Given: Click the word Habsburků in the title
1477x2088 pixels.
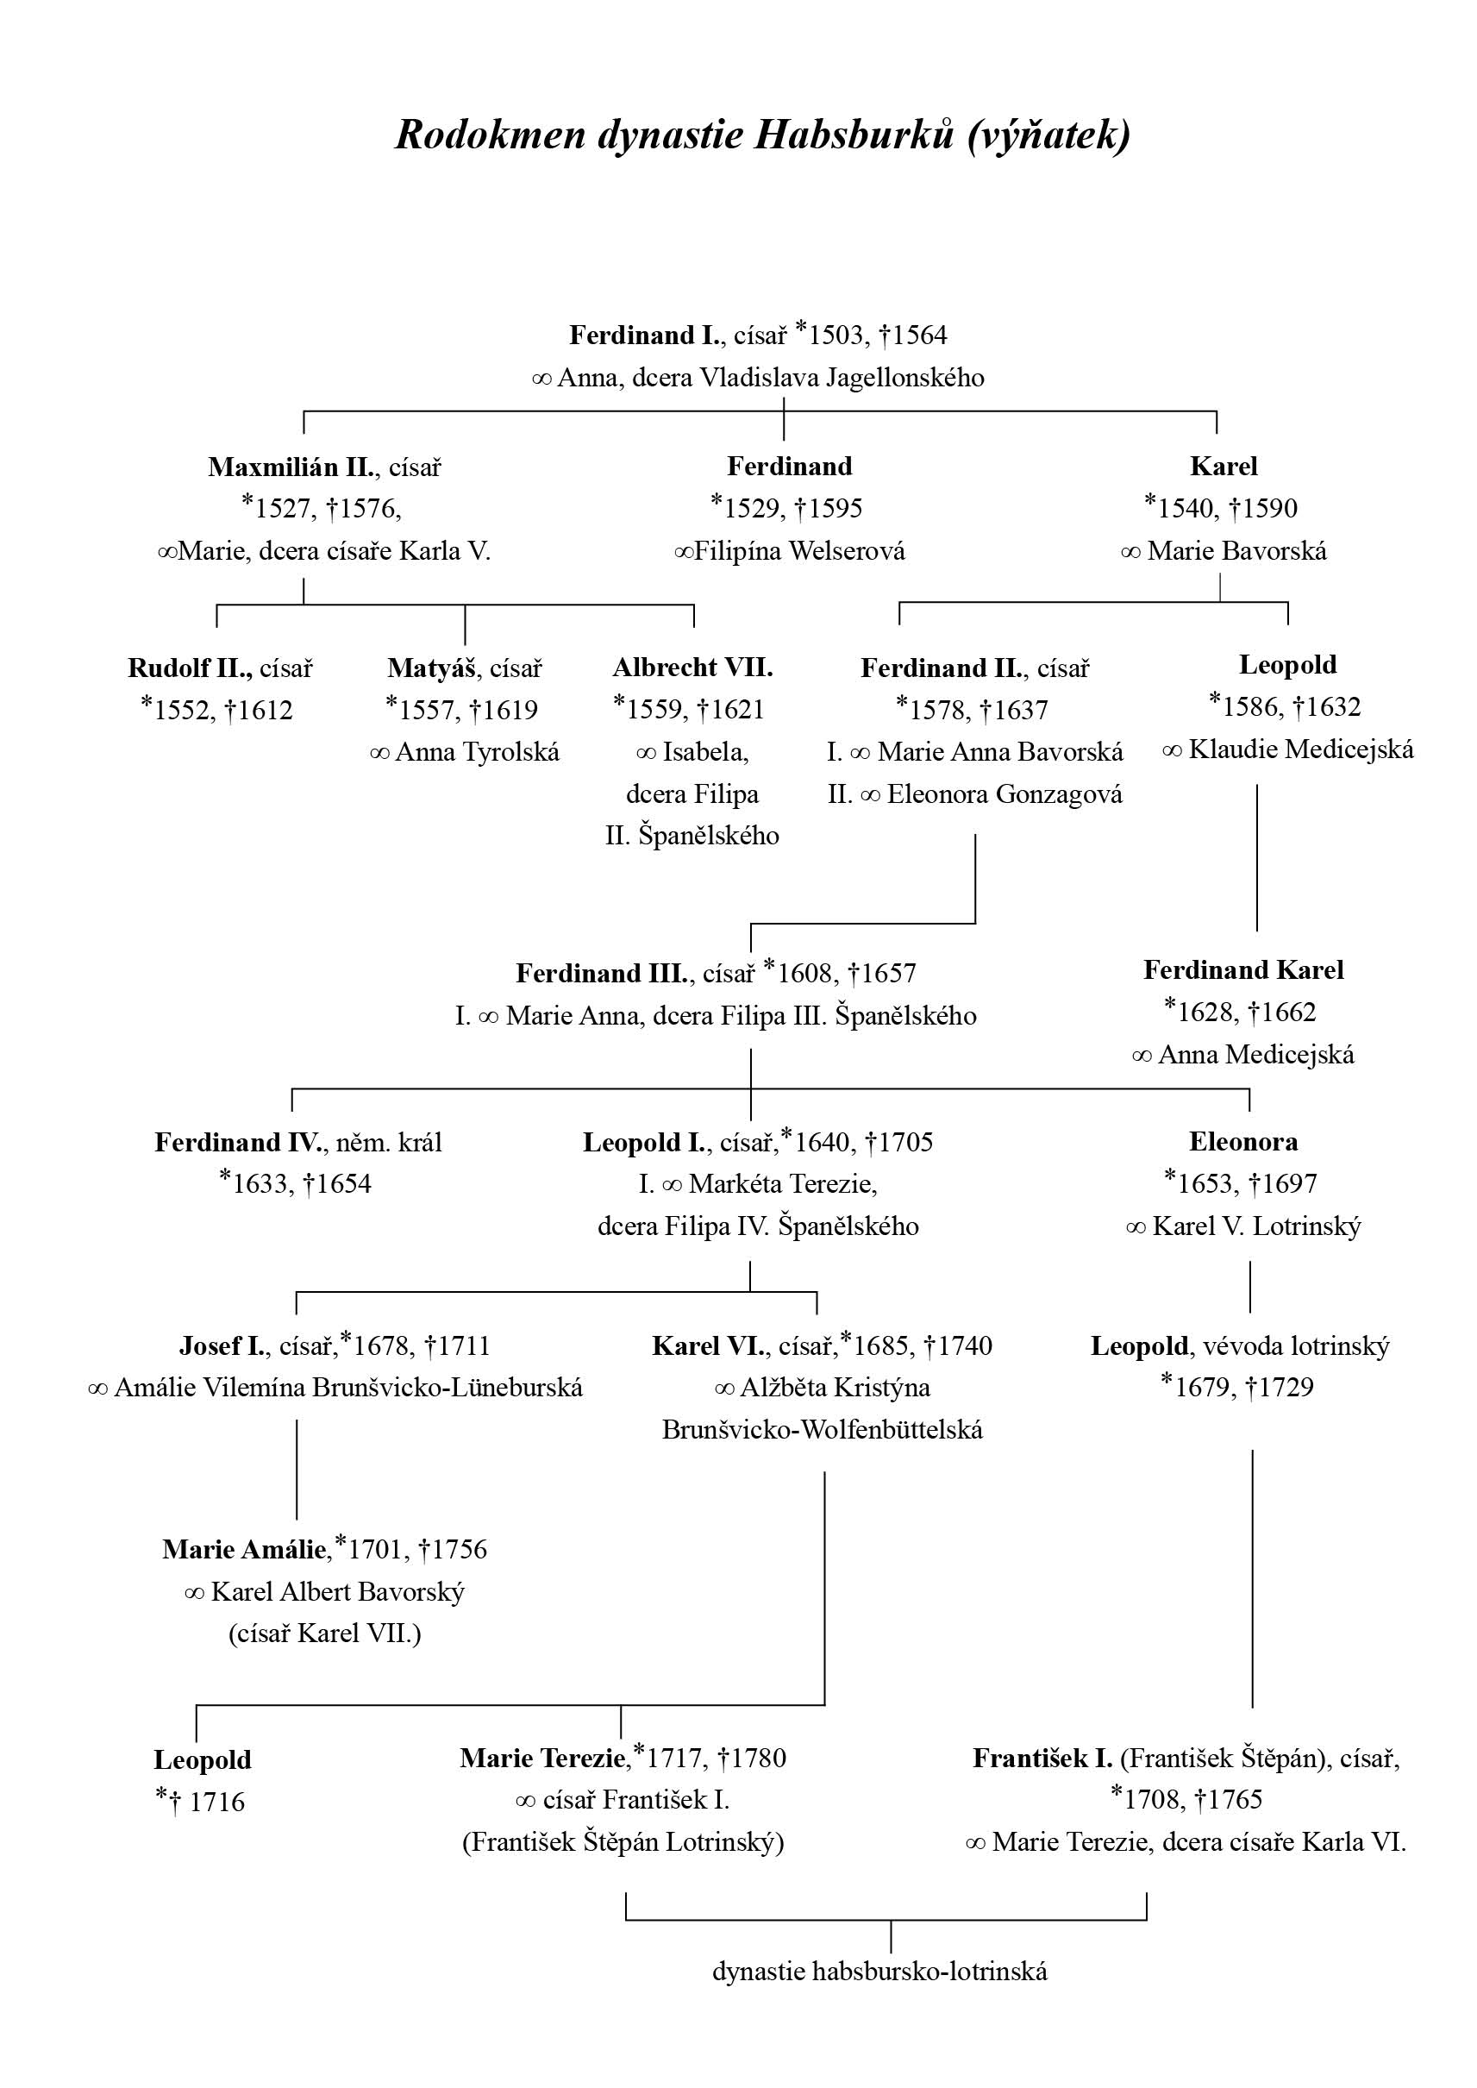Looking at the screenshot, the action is (x=856, y=135).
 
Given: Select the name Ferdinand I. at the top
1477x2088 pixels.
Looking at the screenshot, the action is (x=645, y=335).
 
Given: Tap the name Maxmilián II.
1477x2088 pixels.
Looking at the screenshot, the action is (x=292, y=467).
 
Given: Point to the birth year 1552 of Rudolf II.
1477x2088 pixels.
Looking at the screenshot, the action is (x=185, y=710).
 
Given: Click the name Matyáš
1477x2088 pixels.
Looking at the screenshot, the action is (x=432, y=668).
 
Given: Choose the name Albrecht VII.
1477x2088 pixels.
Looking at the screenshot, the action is (x=693, y=668).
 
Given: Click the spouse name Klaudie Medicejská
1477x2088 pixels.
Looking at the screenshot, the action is (x=1301, y=749).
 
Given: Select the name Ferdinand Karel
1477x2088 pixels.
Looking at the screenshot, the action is (x=1243, y=970).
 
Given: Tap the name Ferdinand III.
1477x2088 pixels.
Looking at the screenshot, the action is (x=602, y=975).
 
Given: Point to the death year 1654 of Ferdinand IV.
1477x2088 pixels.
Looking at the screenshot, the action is (x=341, y=1183).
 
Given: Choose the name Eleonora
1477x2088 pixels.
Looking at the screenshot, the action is (x=1243, y=1142).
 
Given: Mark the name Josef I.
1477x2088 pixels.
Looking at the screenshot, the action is (x=223, y=1345).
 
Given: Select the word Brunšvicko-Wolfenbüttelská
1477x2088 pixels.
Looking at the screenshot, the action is (x=823, y=1429).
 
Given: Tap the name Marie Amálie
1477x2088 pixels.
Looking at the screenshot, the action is (x=244, y=1549).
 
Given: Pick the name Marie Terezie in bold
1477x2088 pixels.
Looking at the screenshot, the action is (x=543, y=1759).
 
